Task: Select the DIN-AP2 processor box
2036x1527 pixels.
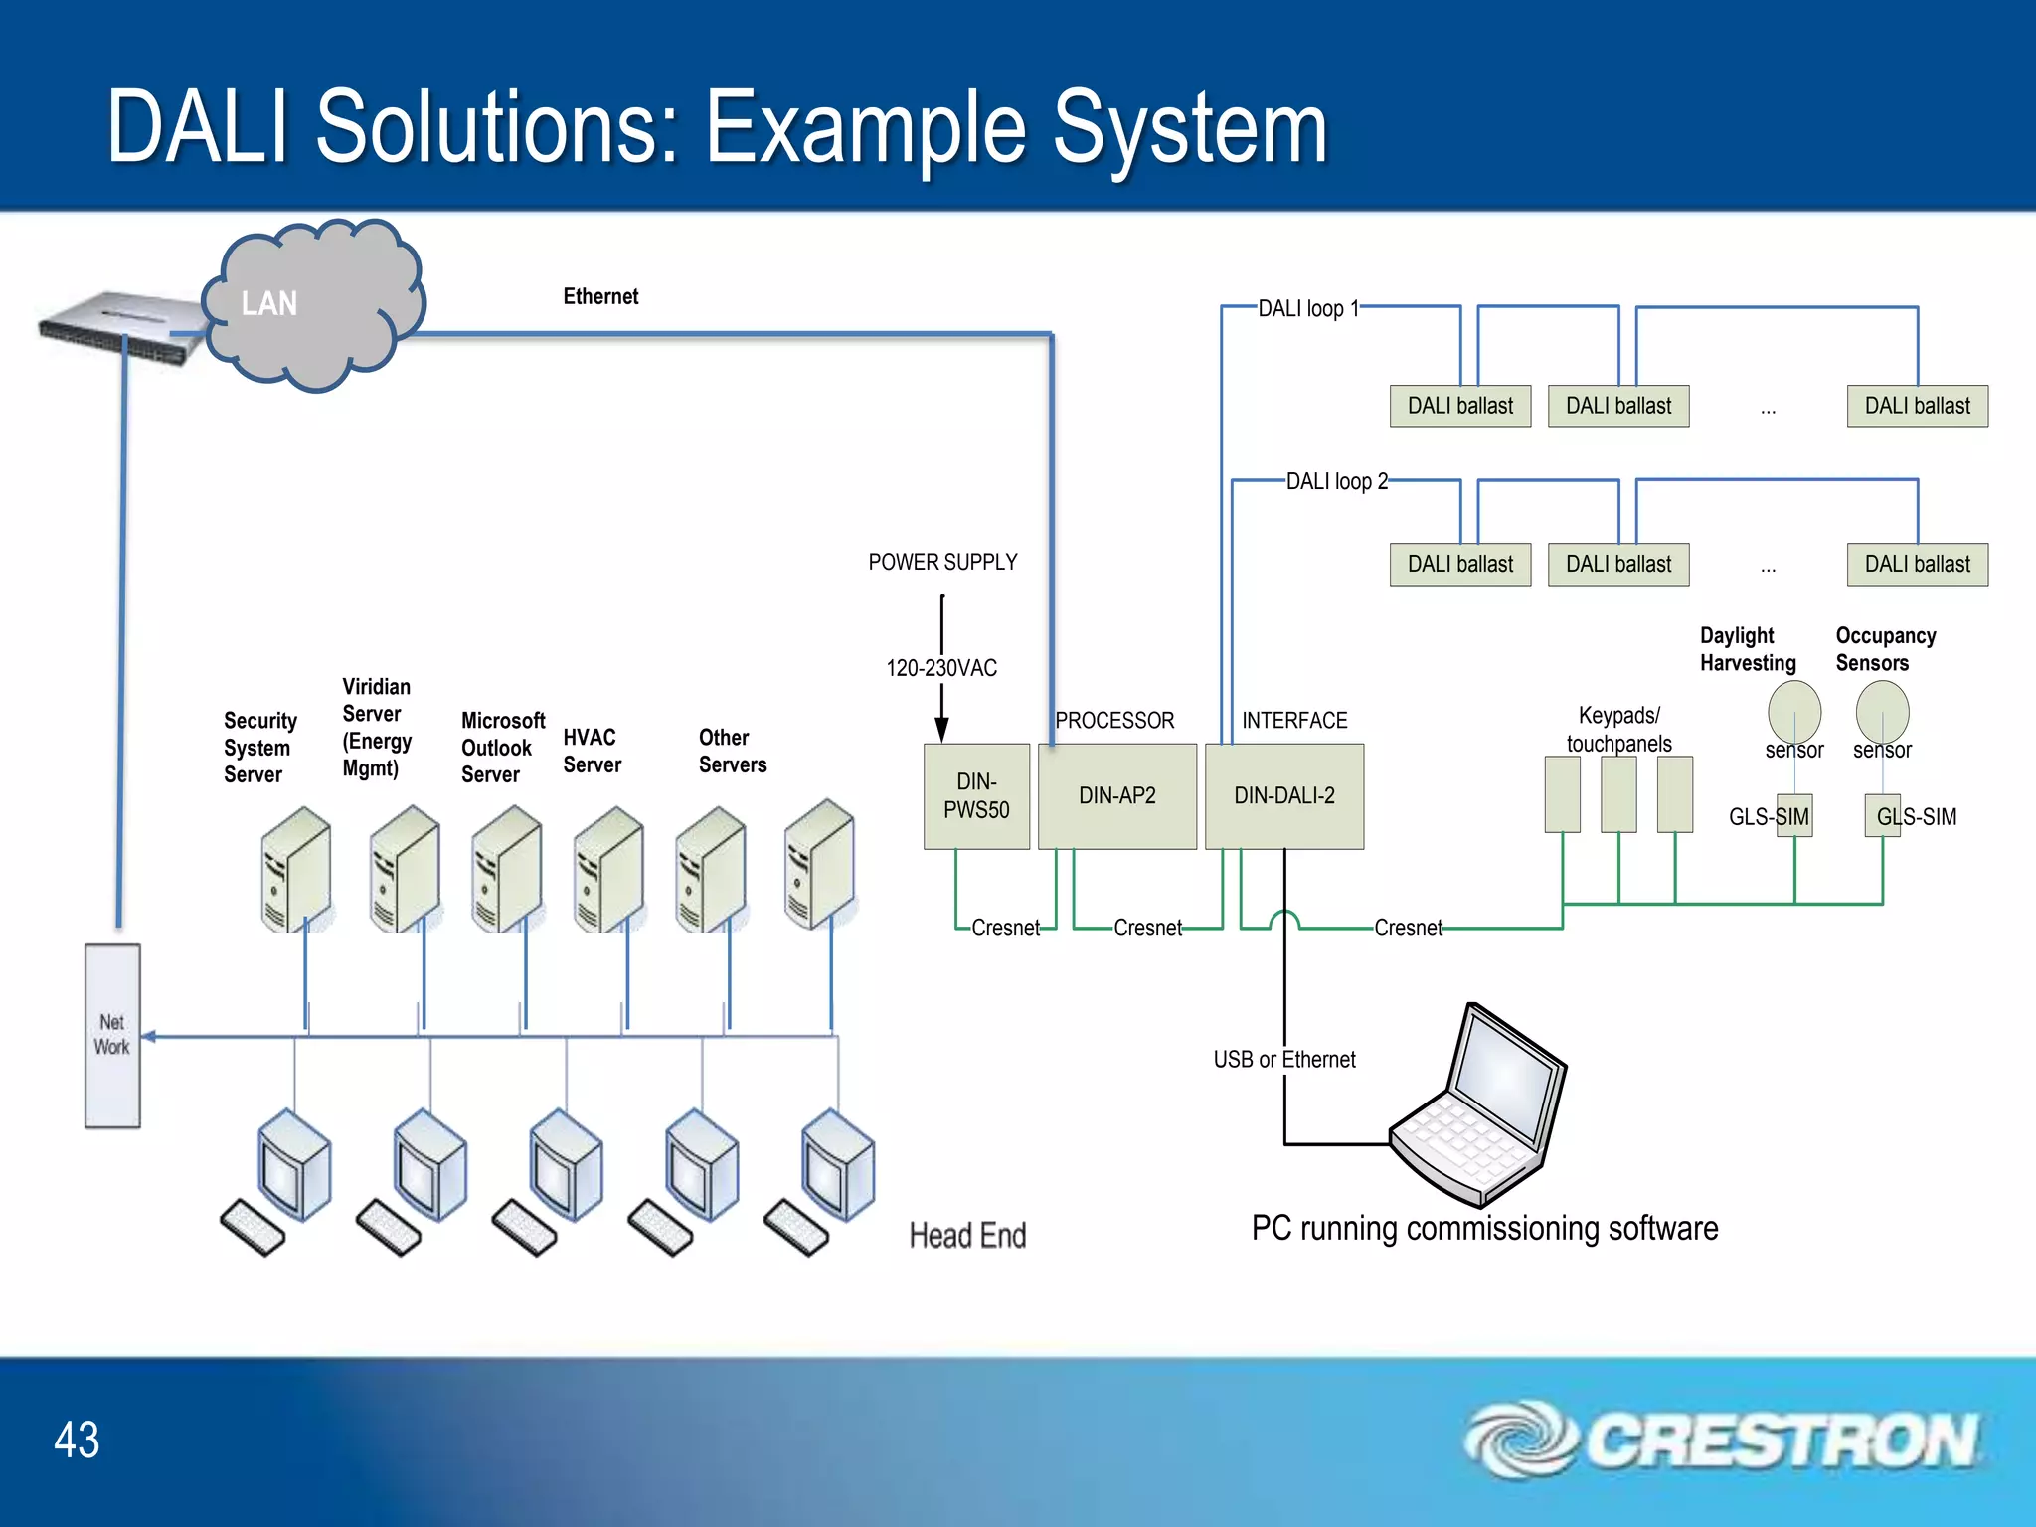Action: pos(1116,795)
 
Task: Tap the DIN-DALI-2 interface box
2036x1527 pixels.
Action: pos(1283,795)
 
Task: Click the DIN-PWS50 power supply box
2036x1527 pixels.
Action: pos(976,795)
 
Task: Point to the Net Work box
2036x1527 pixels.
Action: pos(112,1035)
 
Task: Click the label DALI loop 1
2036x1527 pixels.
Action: pos(1307,308)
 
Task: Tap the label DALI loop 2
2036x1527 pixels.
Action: pos(1336,481)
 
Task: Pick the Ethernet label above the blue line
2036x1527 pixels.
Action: pos(600,296)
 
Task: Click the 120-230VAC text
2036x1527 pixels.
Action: pos(941,668)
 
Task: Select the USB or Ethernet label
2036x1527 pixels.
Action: pos(1283,1059)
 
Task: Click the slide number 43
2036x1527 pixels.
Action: pos(77,1440)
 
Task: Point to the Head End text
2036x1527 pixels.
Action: pos(967,1235)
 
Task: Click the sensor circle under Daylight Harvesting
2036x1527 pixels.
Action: pos(1793,710)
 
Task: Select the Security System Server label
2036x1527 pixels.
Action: pos(259,748)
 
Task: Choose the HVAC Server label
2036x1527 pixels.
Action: pos(592,751)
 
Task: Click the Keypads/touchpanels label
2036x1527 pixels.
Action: pos(1618,729)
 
